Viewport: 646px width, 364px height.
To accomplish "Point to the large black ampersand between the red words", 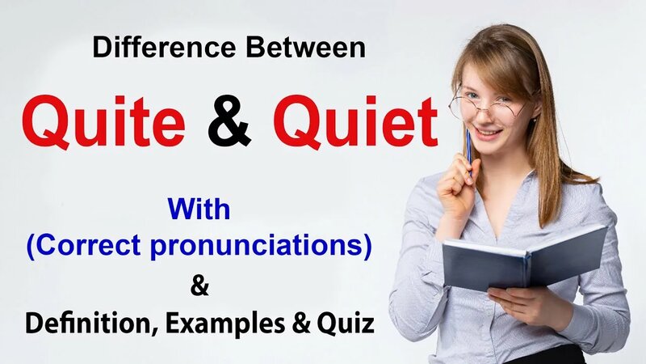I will click(x=229, y=125).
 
